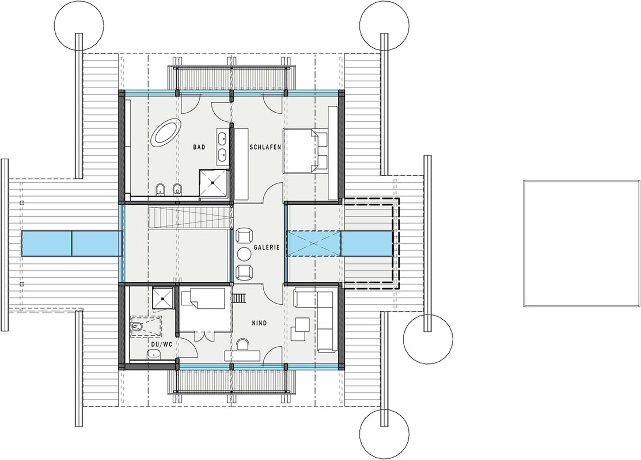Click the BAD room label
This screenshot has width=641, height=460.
(x=199, y=147)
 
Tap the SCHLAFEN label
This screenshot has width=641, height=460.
(x=265, y=147)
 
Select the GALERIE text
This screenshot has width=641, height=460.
(x=266, y=247)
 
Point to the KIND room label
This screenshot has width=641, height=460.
(x=260, y=323)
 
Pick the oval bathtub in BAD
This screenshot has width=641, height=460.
(x=165, y=131)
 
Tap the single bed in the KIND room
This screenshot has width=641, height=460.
(x=203, y=305)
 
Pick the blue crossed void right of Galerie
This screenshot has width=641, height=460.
(x=313, y=243)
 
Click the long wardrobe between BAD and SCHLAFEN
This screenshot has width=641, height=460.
(x=241, y=164)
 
